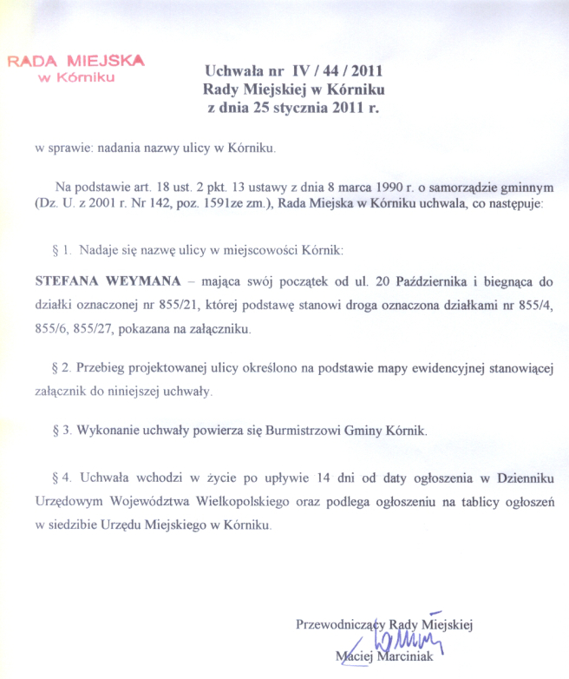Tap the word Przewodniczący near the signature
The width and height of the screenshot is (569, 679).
(x=341, y=623)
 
